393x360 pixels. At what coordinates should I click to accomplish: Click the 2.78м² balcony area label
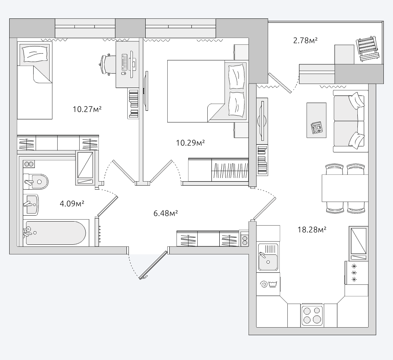[305, 40]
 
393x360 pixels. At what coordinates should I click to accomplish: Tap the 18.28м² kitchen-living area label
[312, 230]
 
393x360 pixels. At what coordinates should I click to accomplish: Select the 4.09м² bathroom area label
[72, 204]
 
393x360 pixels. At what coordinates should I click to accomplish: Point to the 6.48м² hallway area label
[166, 214]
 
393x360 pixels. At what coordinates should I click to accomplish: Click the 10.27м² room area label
[87, 109]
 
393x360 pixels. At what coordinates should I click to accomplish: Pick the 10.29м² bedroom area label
[190, 143]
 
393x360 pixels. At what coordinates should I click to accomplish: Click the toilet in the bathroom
[36, 182]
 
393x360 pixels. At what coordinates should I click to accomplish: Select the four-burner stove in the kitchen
[312, 315]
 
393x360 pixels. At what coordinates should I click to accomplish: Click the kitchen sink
[268, 257]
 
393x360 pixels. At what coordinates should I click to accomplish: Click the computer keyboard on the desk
[124, 62]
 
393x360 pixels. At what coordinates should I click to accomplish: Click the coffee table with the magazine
[317, 120]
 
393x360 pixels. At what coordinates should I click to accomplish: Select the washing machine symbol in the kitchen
[268, 284]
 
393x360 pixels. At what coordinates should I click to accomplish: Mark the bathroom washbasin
[31, 205]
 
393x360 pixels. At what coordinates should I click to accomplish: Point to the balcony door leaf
[280, 83]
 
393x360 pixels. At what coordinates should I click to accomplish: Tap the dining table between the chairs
[345, 188]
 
